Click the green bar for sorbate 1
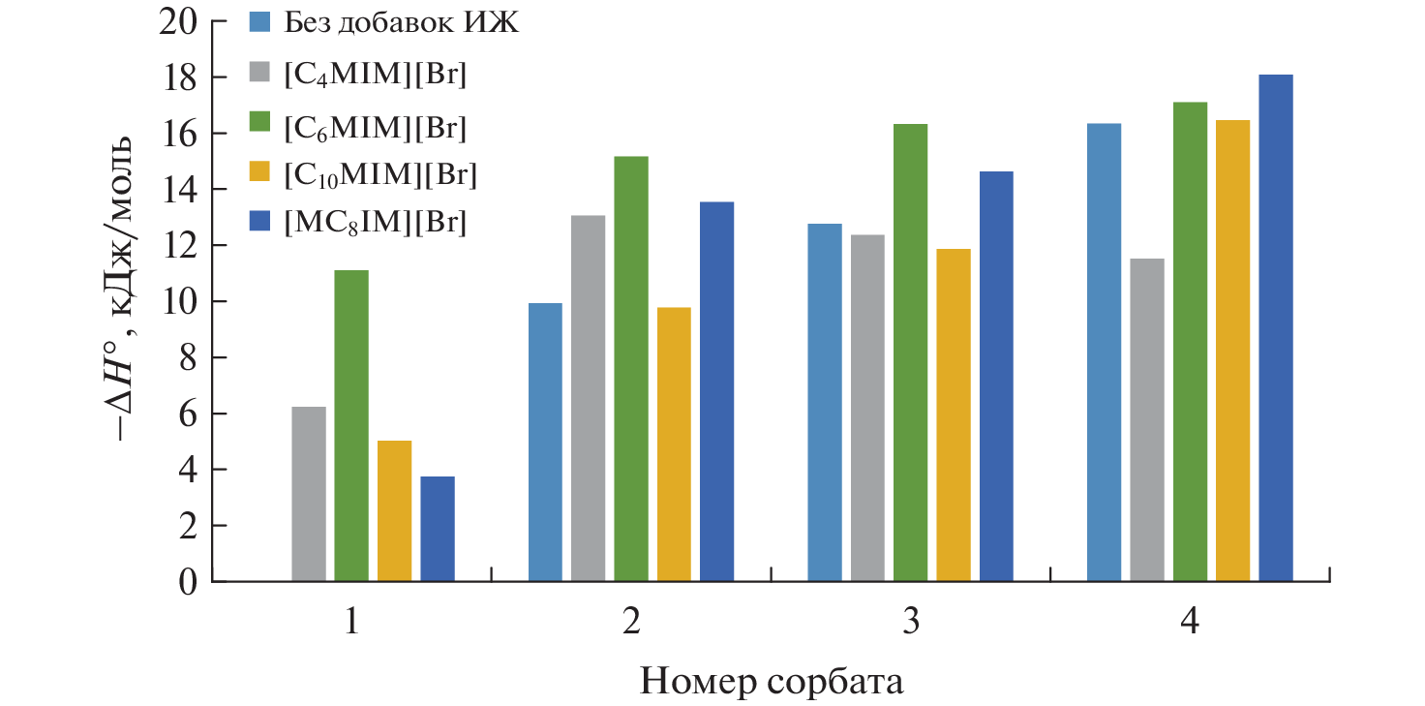(x=351, y=426)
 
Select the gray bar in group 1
(x=309, y=494)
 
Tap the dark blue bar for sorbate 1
(x=438, y=529)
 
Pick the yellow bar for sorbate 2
(x=674, y=445)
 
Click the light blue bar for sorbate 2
(x=545, y=443)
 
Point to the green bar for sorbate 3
(x=910, y=353)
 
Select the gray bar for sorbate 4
(x=1147, y=420)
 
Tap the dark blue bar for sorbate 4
(x=1276, y=328)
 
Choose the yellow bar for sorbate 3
(x=954, y=415)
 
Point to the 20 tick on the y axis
(x=183, y=20)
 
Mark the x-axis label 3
(x=910, y=622)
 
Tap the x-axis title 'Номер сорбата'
(x=772, y=682)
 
